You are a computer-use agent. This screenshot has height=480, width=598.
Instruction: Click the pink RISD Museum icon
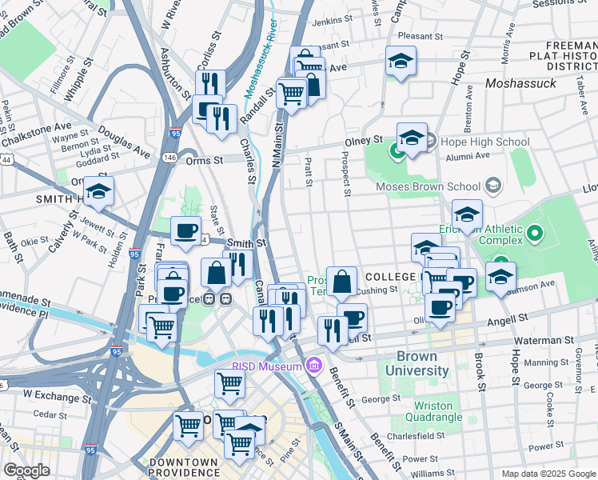point(313,366)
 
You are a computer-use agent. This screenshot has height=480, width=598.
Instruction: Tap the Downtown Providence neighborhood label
point(184,467)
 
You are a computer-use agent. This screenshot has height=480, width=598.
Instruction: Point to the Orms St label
point(205,161)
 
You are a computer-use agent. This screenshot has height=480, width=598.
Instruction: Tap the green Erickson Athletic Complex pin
point(535,235)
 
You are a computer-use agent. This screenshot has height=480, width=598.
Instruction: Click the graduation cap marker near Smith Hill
point(98,192)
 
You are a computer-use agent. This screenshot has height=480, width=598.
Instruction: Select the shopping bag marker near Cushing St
point(341,282)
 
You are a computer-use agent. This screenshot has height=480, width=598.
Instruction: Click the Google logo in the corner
point(26,470)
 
